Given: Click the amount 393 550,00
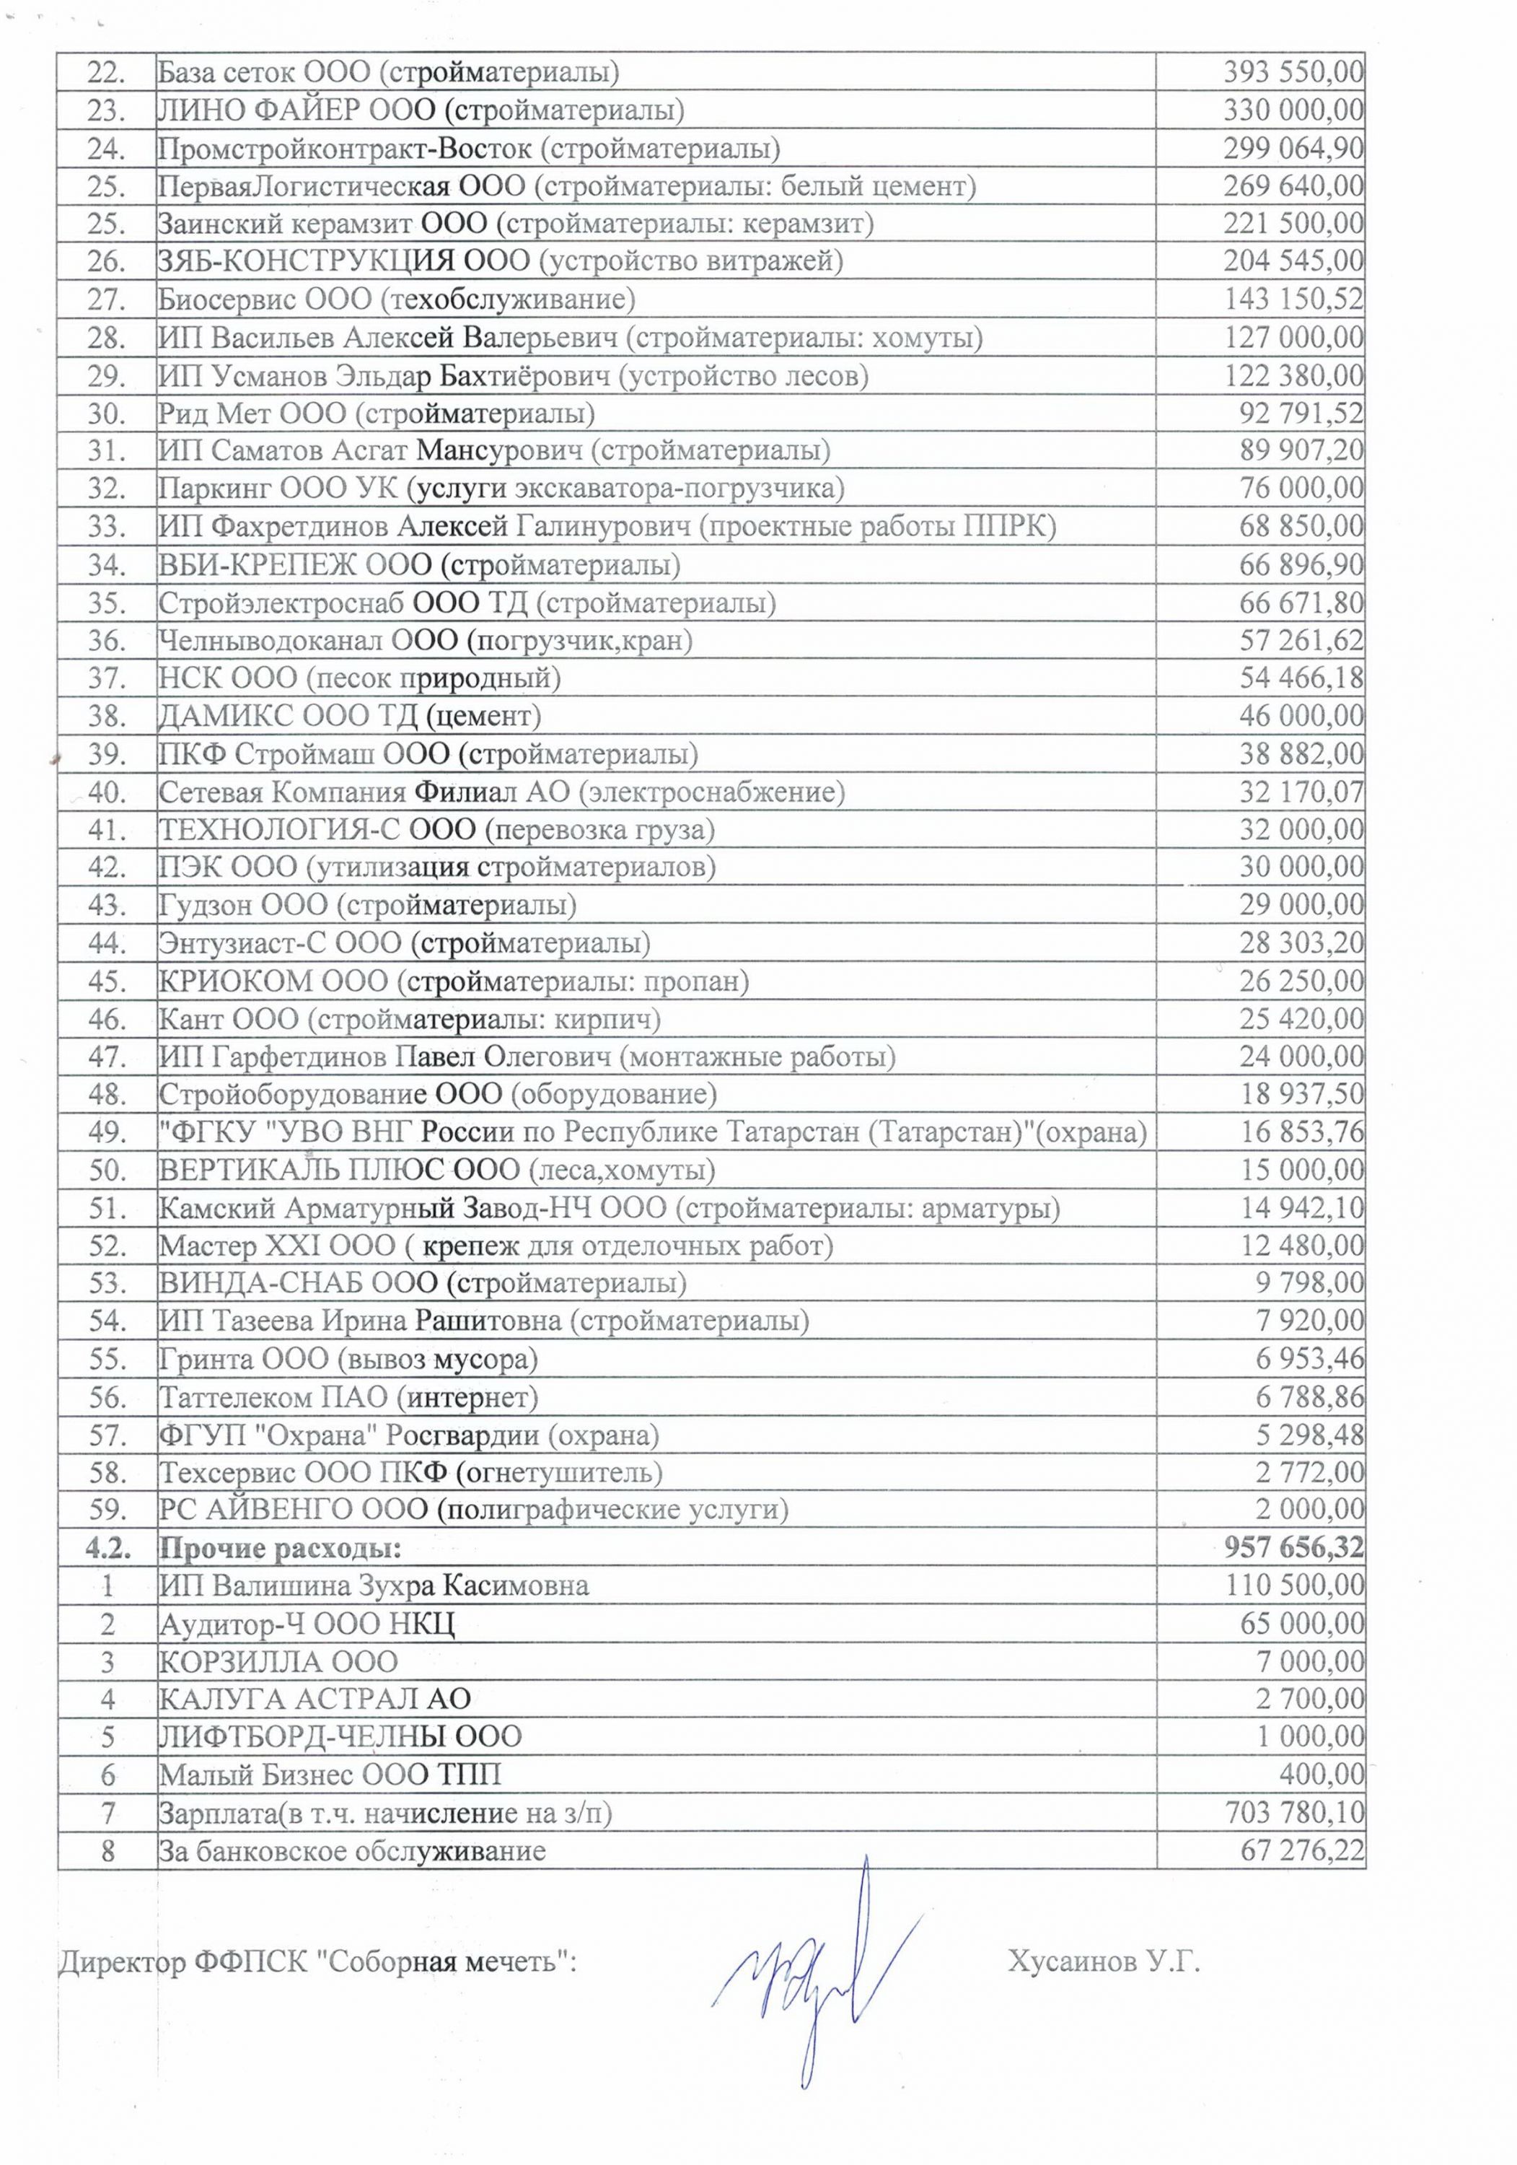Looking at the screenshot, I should click(1293, 71).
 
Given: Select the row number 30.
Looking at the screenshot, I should click(107, 413).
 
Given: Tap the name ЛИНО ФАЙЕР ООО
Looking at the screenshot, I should click(298, 110).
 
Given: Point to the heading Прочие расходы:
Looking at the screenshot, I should click(280, 1548).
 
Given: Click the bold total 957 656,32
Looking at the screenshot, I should click(1293, 1548).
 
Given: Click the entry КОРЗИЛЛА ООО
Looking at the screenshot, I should click(278, 1661).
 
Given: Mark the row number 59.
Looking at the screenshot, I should click(107, 1510).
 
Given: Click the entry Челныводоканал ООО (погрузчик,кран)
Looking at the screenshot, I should click(425, 640).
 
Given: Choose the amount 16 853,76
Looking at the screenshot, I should click(1301, 1132).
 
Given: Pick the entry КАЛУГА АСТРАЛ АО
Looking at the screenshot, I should click(314, 1700).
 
